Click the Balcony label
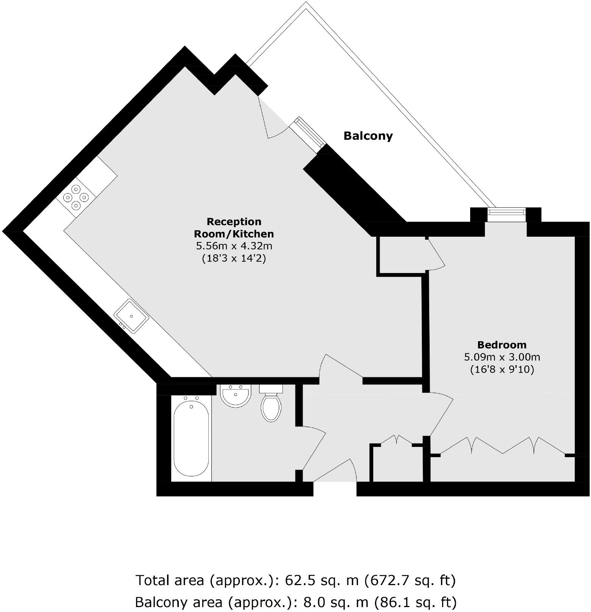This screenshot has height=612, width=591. tap(368, 136)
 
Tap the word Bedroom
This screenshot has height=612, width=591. tap(502, 345)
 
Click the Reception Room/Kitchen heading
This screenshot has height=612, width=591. tap(234, 227)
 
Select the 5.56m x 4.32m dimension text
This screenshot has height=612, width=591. tap(234, 246)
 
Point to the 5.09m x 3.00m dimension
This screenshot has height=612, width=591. tap(502, 357)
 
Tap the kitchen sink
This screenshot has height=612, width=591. tap(131, 316)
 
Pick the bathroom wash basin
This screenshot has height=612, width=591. tap(235, 395)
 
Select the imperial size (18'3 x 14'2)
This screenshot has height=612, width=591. tap(234, 259)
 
